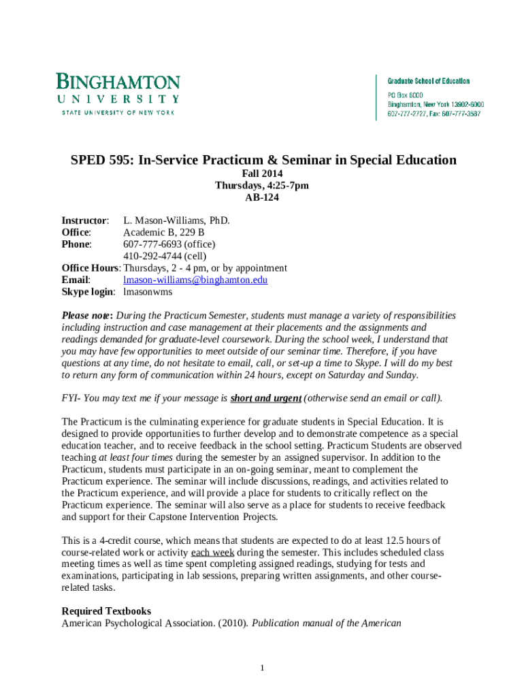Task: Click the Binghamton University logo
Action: pos(118,94)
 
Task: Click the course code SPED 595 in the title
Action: pos(101,161)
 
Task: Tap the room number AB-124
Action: pos(262,198)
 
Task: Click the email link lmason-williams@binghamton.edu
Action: pos(195,279)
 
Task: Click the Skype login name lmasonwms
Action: pos(148,291)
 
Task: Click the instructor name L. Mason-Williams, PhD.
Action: pos(176,221)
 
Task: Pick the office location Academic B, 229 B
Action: pos(163,233)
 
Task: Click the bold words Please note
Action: pos(86,316)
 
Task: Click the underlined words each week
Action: pos(212,552)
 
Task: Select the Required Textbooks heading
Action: pos(106,611)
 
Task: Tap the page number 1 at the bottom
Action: pos(262,668)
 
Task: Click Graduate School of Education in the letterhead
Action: pos(429,81)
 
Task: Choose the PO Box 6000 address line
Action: pos(406,95)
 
